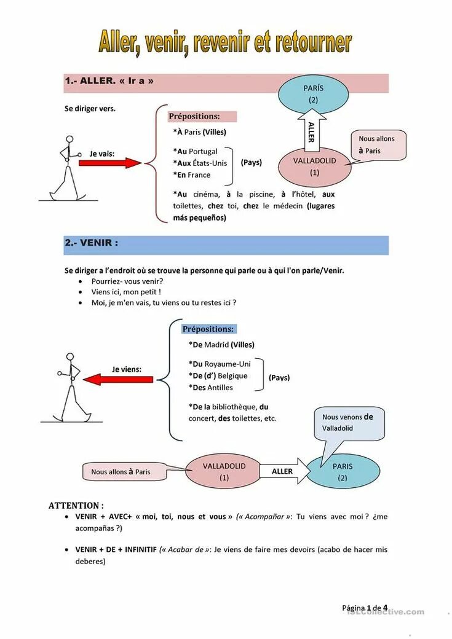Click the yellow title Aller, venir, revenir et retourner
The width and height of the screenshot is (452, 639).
point(225,42)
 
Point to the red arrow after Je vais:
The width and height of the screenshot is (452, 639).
point(111,163)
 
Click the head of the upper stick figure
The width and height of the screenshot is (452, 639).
point(69,139)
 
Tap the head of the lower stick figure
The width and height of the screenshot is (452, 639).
point(69,357)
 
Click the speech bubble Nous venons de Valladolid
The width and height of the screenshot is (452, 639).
point(348,423)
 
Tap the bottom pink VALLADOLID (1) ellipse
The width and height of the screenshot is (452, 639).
point(224,471)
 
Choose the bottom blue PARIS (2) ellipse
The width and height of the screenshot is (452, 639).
point(343,472)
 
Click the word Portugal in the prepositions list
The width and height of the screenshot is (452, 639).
point(204,151)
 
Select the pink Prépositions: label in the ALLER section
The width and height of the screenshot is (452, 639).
point(202,116)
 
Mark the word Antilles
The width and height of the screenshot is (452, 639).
point(220,387)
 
